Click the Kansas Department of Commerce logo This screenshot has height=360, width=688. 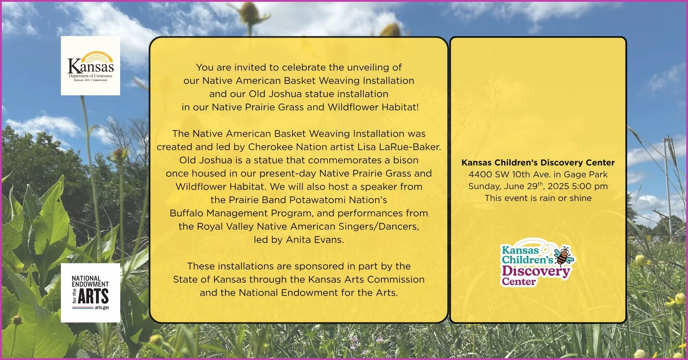[90, 66]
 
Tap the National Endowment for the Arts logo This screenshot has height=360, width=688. [90, 293]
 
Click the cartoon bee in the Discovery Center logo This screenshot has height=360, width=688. [564, 255]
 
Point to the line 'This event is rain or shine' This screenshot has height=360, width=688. [538, 198]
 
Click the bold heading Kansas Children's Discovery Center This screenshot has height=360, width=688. [538, 163]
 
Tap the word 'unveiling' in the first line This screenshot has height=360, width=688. [363, 67]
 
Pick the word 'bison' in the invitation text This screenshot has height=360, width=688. [406, 160]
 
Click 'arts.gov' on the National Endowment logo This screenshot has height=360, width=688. [102, 308]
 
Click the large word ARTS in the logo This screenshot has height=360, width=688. [93, 296]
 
